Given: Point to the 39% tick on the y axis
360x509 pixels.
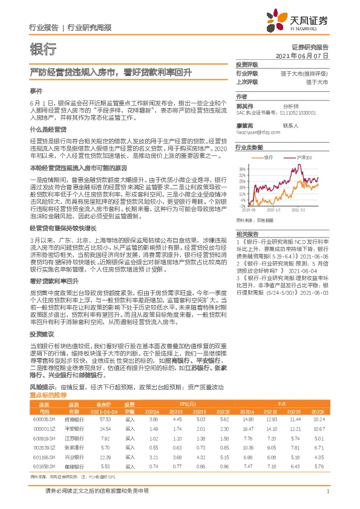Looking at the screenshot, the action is pyautogui.click(x=242, y=169).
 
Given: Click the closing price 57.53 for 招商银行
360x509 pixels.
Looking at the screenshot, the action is pyautogui.click(x=105, y=419).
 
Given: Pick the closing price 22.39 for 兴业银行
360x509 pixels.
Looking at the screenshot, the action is pyautogui.click(x=105, y=458).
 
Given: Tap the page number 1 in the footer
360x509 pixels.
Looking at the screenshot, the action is pyautogui.click(x=327, y=491).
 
